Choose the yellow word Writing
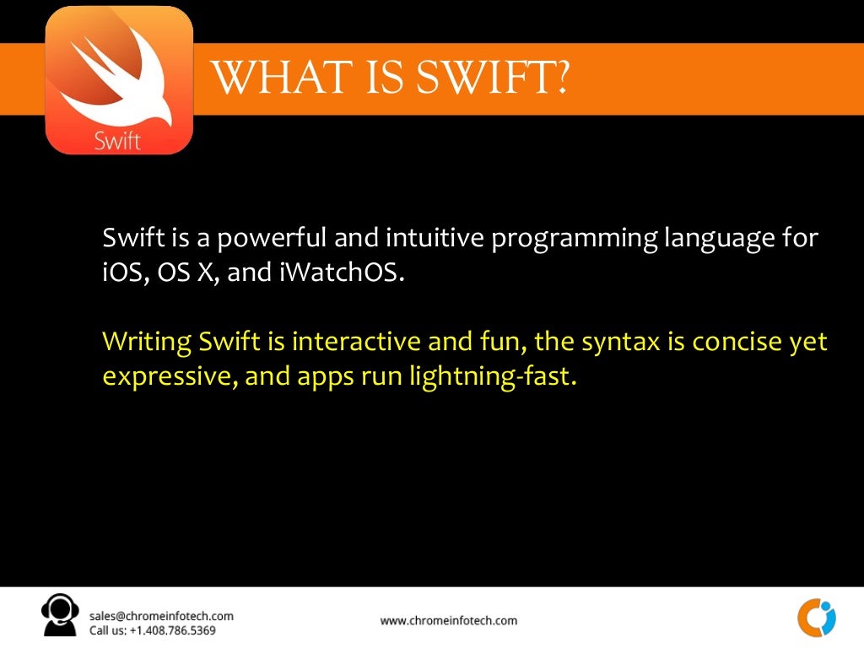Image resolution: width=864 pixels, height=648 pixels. pyautogui.click(x=148, y=343)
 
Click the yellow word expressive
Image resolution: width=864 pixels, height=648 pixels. pyautogui.click(x=165, y=376)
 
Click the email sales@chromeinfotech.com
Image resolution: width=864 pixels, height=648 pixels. pyautogui.click(x=161, y=616)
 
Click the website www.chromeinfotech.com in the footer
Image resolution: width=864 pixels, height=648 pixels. pyautogui.click(x=448, y=621)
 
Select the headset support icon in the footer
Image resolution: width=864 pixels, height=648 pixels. pyautogui.click(x=61, y=616)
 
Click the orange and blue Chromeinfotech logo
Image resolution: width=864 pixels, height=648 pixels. pyautogui.click(x=816, y=618)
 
